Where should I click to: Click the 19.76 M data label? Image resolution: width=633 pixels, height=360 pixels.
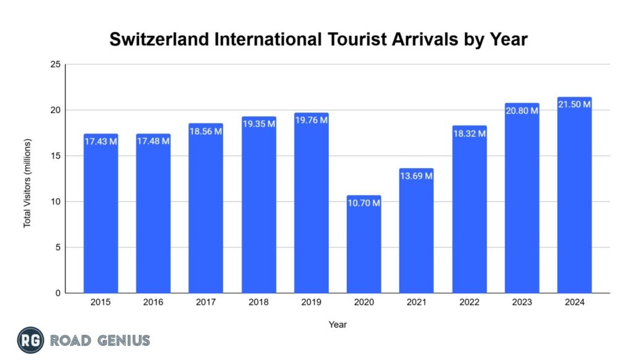(311, 120)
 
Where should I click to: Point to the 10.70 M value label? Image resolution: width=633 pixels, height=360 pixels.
(363, 203)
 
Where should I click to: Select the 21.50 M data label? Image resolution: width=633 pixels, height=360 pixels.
(574, 105)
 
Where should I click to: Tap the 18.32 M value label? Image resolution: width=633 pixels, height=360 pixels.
(469, 133)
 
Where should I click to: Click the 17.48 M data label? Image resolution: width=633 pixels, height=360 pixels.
(153, 141)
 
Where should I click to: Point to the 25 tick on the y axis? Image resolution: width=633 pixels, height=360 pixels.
(55, 64)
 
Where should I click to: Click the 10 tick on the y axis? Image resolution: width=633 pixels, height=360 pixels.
(55, 202)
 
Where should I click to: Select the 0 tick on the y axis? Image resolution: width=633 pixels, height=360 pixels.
(57, 293)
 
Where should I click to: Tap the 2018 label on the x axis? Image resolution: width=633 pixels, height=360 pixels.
(258, 302)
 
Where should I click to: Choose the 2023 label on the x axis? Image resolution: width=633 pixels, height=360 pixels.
(522, 302)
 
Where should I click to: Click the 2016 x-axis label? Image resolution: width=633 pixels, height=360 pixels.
(153, 302)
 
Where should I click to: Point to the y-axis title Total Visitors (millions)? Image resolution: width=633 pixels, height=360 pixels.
(27, 183)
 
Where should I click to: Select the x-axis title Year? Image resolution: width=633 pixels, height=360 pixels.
(338, 324)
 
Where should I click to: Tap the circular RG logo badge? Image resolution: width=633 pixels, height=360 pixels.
(30, 340)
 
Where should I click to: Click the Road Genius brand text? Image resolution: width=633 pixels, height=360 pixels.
(100, 340)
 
